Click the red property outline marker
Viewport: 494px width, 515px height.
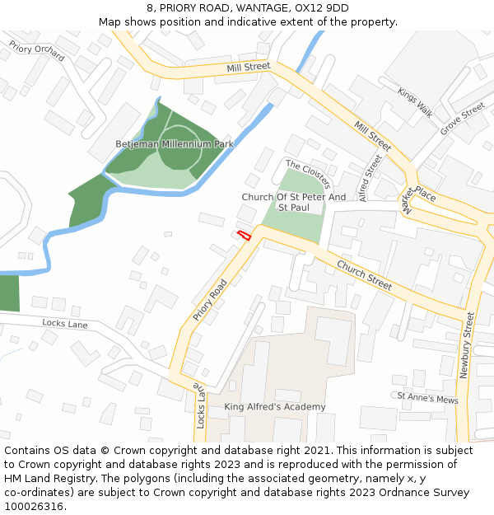pos(244,236)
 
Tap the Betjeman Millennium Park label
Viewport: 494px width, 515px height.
pos(175,144)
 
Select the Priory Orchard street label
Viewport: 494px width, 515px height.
pos(37,51)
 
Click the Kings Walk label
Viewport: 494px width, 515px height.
pos(414,102)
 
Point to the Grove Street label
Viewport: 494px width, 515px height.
pos(462,119)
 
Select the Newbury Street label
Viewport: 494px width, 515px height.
pos(465,344)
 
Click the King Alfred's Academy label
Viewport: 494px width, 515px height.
pos(275,407)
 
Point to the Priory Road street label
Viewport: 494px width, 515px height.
pos(210,300)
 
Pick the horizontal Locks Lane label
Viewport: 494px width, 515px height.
pos(64,324)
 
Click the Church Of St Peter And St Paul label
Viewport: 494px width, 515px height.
pos(293,202)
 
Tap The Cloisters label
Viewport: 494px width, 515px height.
pos(308,174)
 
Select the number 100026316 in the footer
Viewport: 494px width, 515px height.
pos(32,506)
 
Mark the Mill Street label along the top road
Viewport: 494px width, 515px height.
pos(248,65)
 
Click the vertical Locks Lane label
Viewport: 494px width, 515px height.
pos(200,405)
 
